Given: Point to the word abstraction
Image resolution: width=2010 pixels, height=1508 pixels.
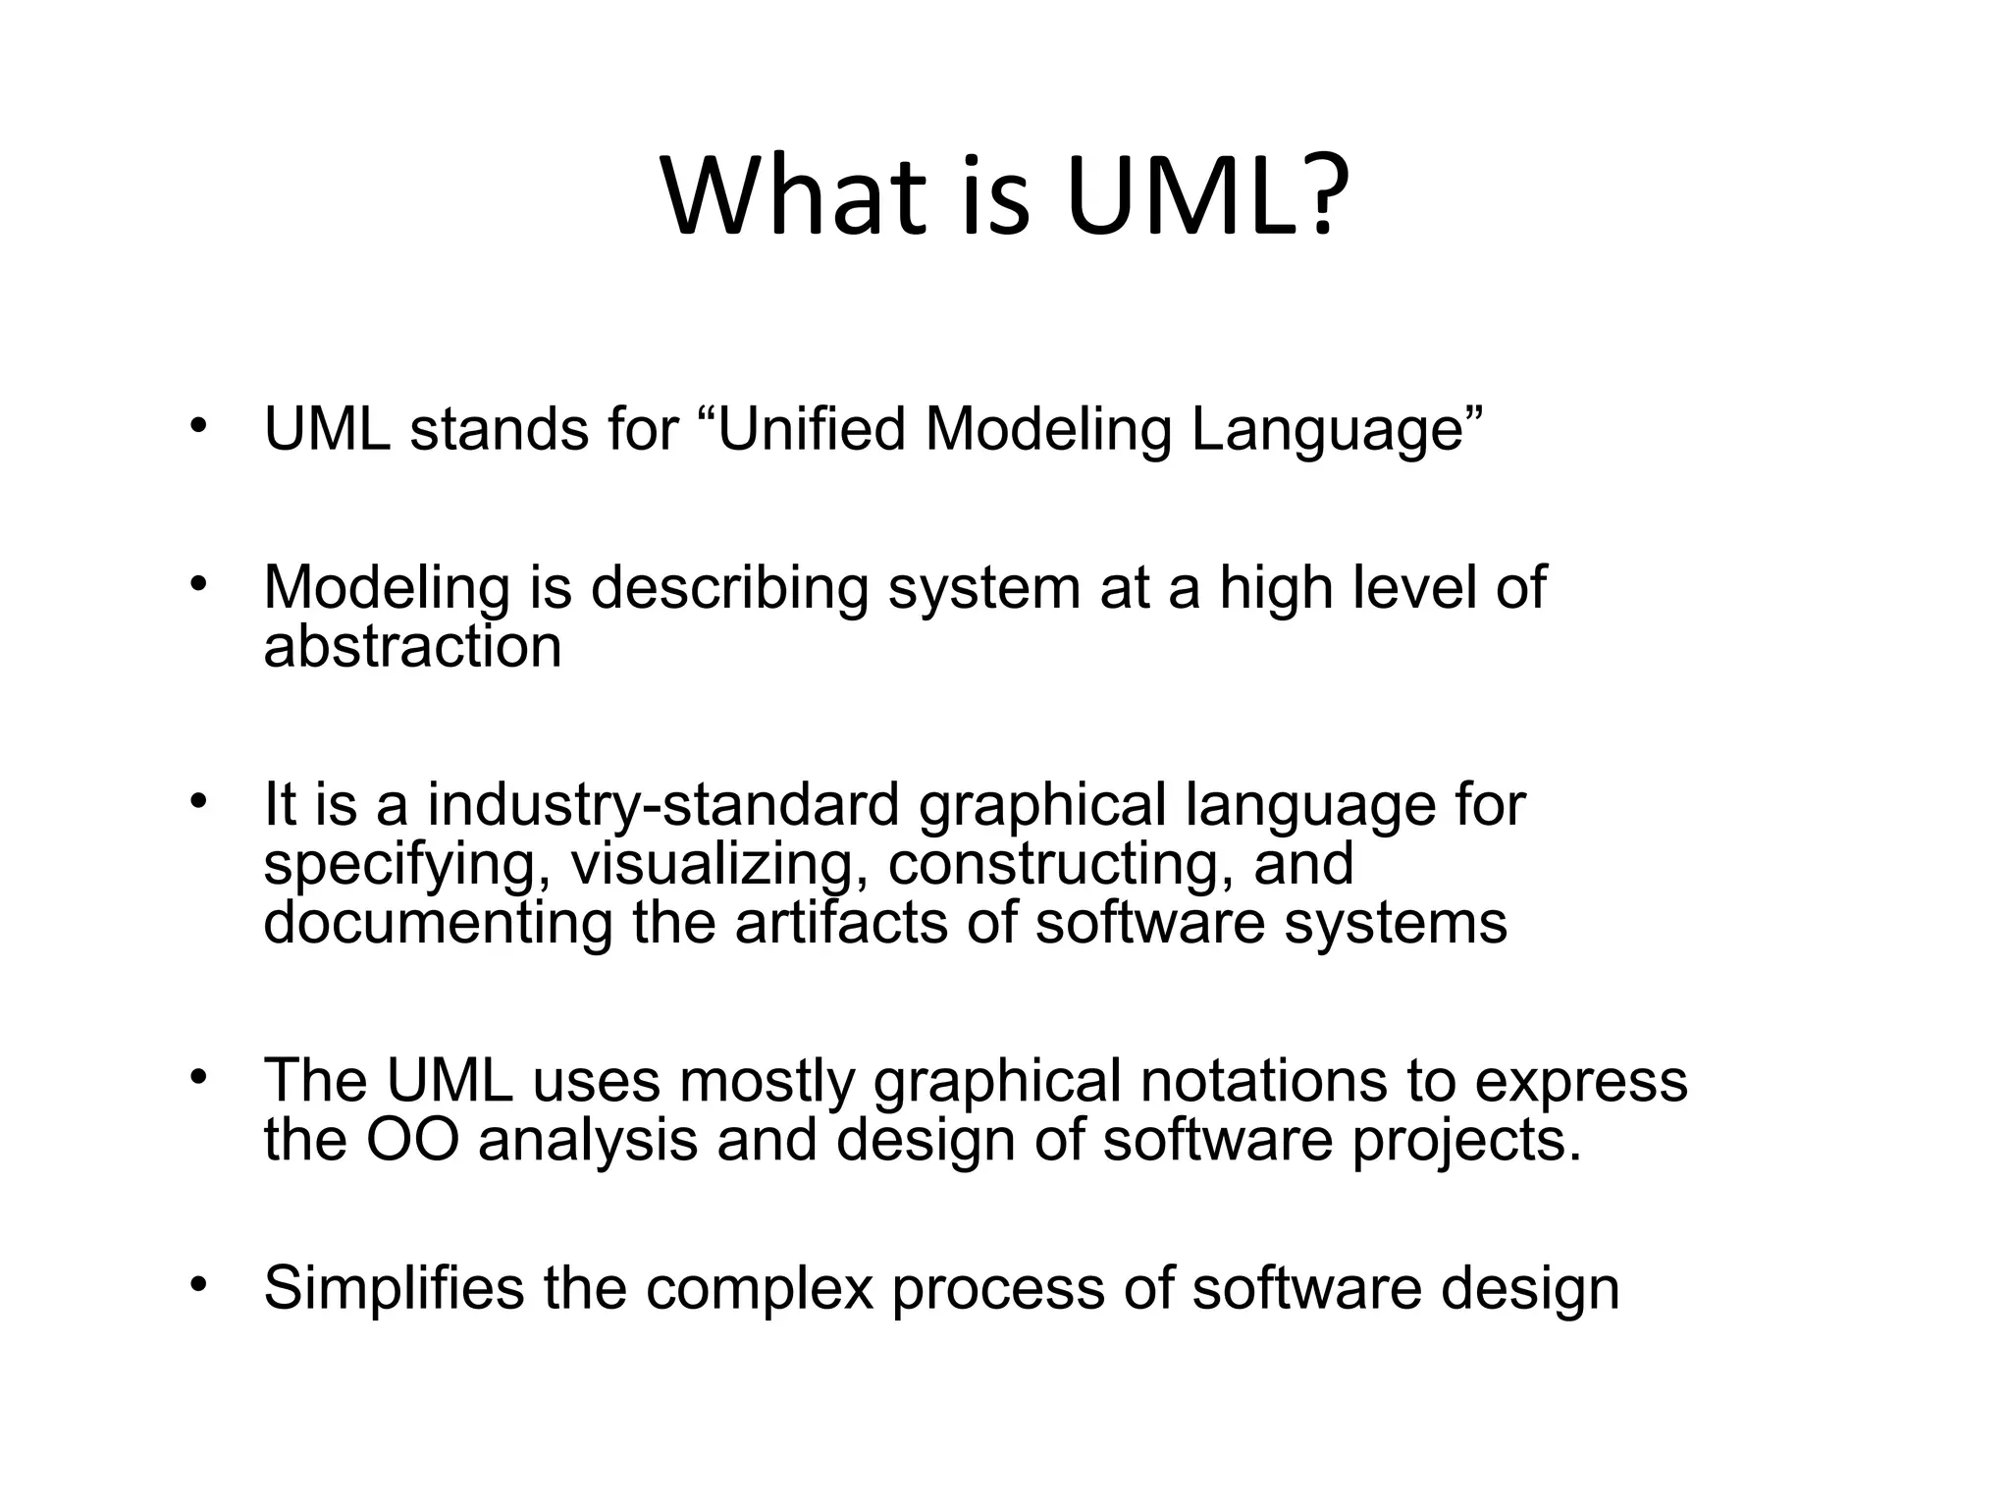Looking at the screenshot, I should point(412,646).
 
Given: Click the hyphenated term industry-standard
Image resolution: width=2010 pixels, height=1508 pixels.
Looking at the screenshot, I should point(662,804).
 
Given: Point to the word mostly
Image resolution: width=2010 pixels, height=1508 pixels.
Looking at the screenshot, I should point(767,1080).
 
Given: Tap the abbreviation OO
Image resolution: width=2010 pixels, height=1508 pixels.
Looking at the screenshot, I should point(412,1140).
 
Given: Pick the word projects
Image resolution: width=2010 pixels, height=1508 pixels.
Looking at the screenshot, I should point(1464,1140).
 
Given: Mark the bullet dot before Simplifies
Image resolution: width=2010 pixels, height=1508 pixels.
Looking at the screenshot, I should point(199,1284).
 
